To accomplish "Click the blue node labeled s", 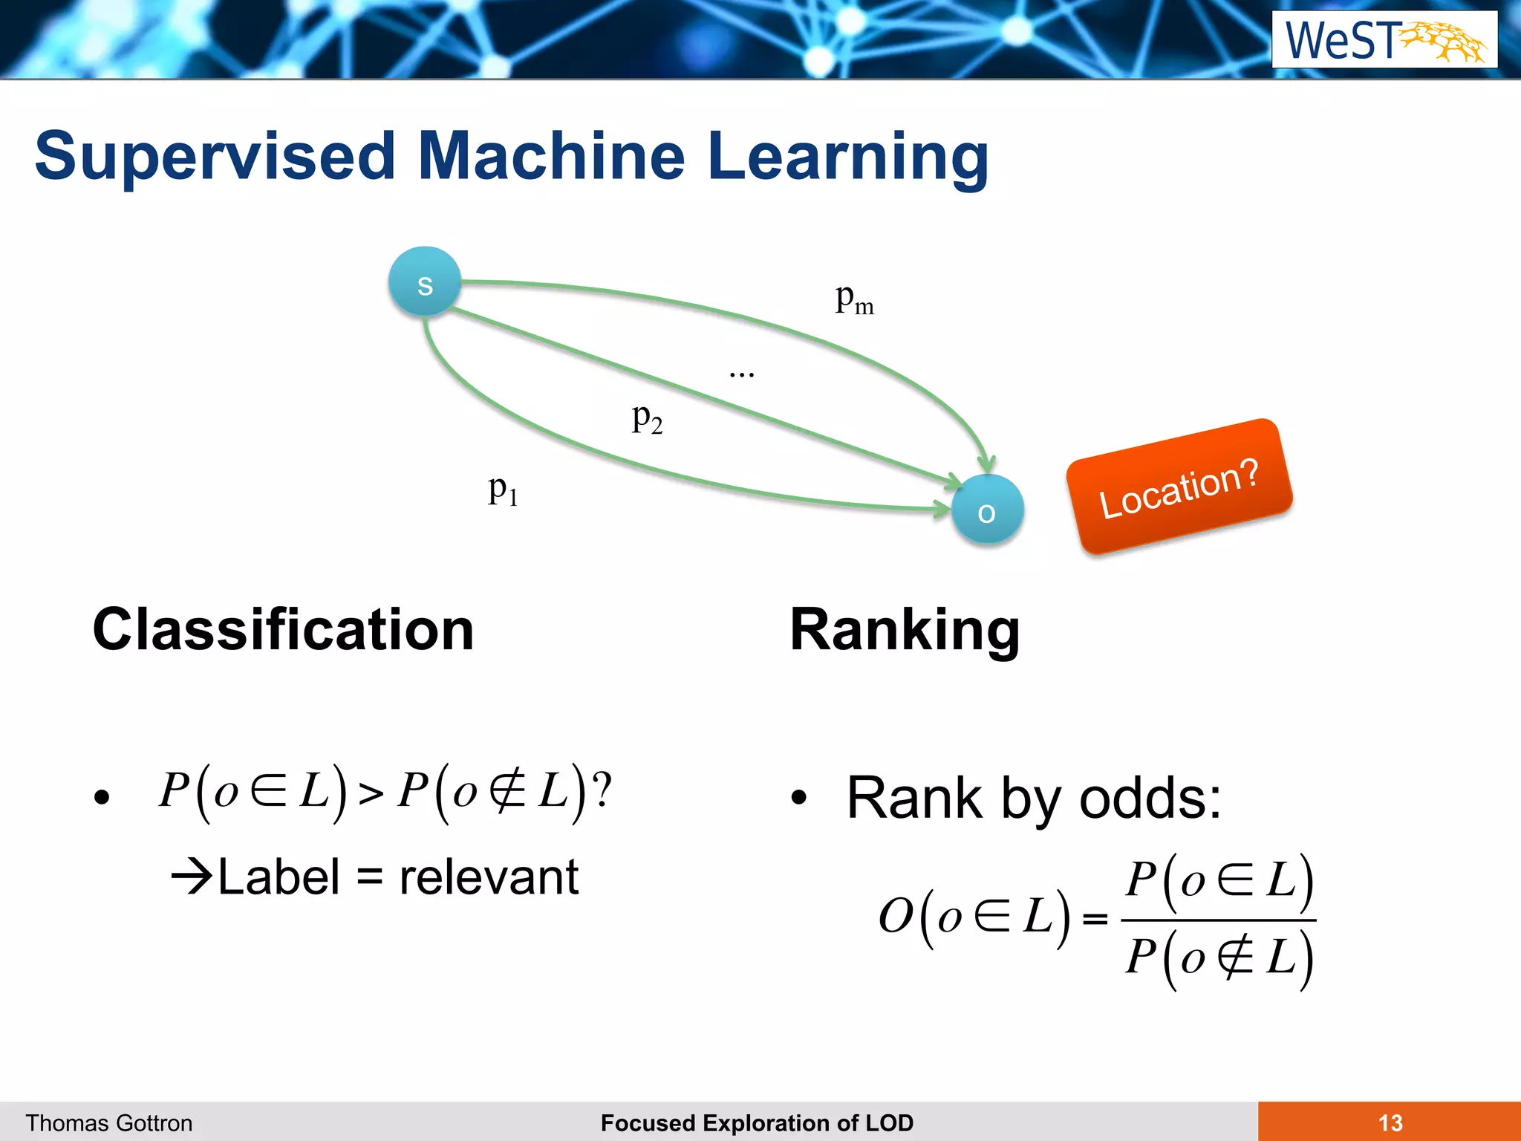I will point(425,282).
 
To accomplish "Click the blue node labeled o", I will point(987,510).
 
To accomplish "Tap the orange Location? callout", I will point(1179,487).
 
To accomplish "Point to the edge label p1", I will point(503,490).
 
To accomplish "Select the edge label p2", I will point(647,418).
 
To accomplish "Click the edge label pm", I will point(854,299).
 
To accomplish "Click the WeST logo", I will point(1384,40).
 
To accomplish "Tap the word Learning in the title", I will point(848,157).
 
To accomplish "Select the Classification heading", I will point(283,630).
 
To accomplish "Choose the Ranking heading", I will point(905,630).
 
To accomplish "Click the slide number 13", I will point(1390,1122).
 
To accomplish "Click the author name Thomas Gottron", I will point(109,1122).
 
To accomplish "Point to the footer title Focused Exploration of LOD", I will point(757,1122).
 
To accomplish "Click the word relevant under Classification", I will point(489,877).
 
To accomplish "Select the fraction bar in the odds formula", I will point(1218,920).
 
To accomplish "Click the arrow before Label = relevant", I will point(192,877).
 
